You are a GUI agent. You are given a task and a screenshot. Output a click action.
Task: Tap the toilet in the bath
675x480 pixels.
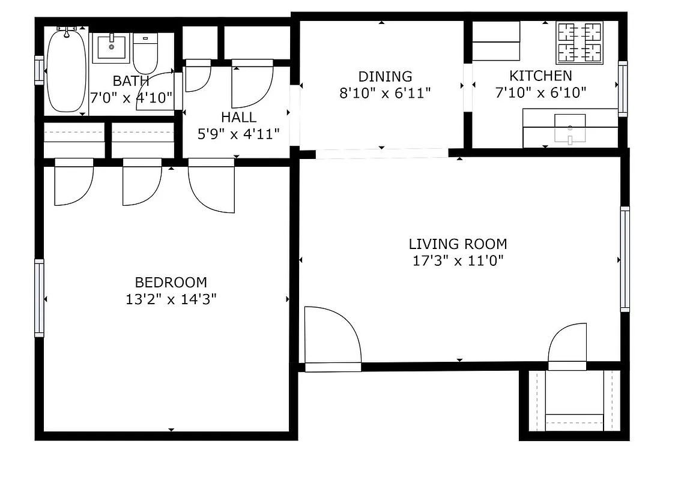[x=145, y=54]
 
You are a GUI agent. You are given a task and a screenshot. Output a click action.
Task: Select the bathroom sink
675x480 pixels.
[x=110, y=47]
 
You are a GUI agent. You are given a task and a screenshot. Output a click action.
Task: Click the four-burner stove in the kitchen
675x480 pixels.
[x=579, y=43]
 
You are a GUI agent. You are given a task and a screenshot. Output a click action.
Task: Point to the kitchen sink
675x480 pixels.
[x=569, y=127]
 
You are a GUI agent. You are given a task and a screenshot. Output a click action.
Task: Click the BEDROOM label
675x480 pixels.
[x=171, y=282]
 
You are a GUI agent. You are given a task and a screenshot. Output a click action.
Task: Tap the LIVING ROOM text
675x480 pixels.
[x=458, y=244]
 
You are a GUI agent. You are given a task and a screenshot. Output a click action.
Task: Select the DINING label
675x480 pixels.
[x=385, y=77]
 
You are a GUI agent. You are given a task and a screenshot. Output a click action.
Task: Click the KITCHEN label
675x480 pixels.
[x=540, y=76]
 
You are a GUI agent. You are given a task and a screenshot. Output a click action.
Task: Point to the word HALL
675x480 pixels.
[x=238, y=118]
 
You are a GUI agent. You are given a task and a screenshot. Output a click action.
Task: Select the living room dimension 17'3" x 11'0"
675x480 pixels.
[x=457, y=261]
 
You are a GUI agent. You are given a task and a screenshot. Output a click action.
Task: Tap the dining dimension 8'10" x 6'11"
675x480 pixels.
[x=386, y=93]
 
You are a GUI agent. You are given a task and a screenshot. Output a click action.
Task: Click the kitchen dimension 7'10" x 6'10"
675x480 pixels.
[x=540, y=92]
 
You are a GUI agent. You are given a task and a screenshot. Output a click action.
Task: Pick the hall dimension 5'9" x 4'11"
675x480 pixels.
[x=239, y=134]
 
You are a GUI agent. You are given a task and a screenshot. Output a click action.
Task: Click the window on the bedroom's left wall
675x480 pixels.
[x=40, y=298]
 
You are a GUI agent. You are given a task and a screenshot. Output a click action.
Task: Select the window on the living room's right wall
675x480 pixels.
[x=625, y=259]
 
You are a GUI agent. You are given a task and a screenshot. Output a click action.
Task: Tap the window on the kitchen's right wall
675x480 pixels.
[x=623, y=89]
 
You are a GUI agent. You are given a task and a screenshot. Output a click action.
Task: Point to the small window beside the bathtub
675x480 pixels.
[x=40, y=70]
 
